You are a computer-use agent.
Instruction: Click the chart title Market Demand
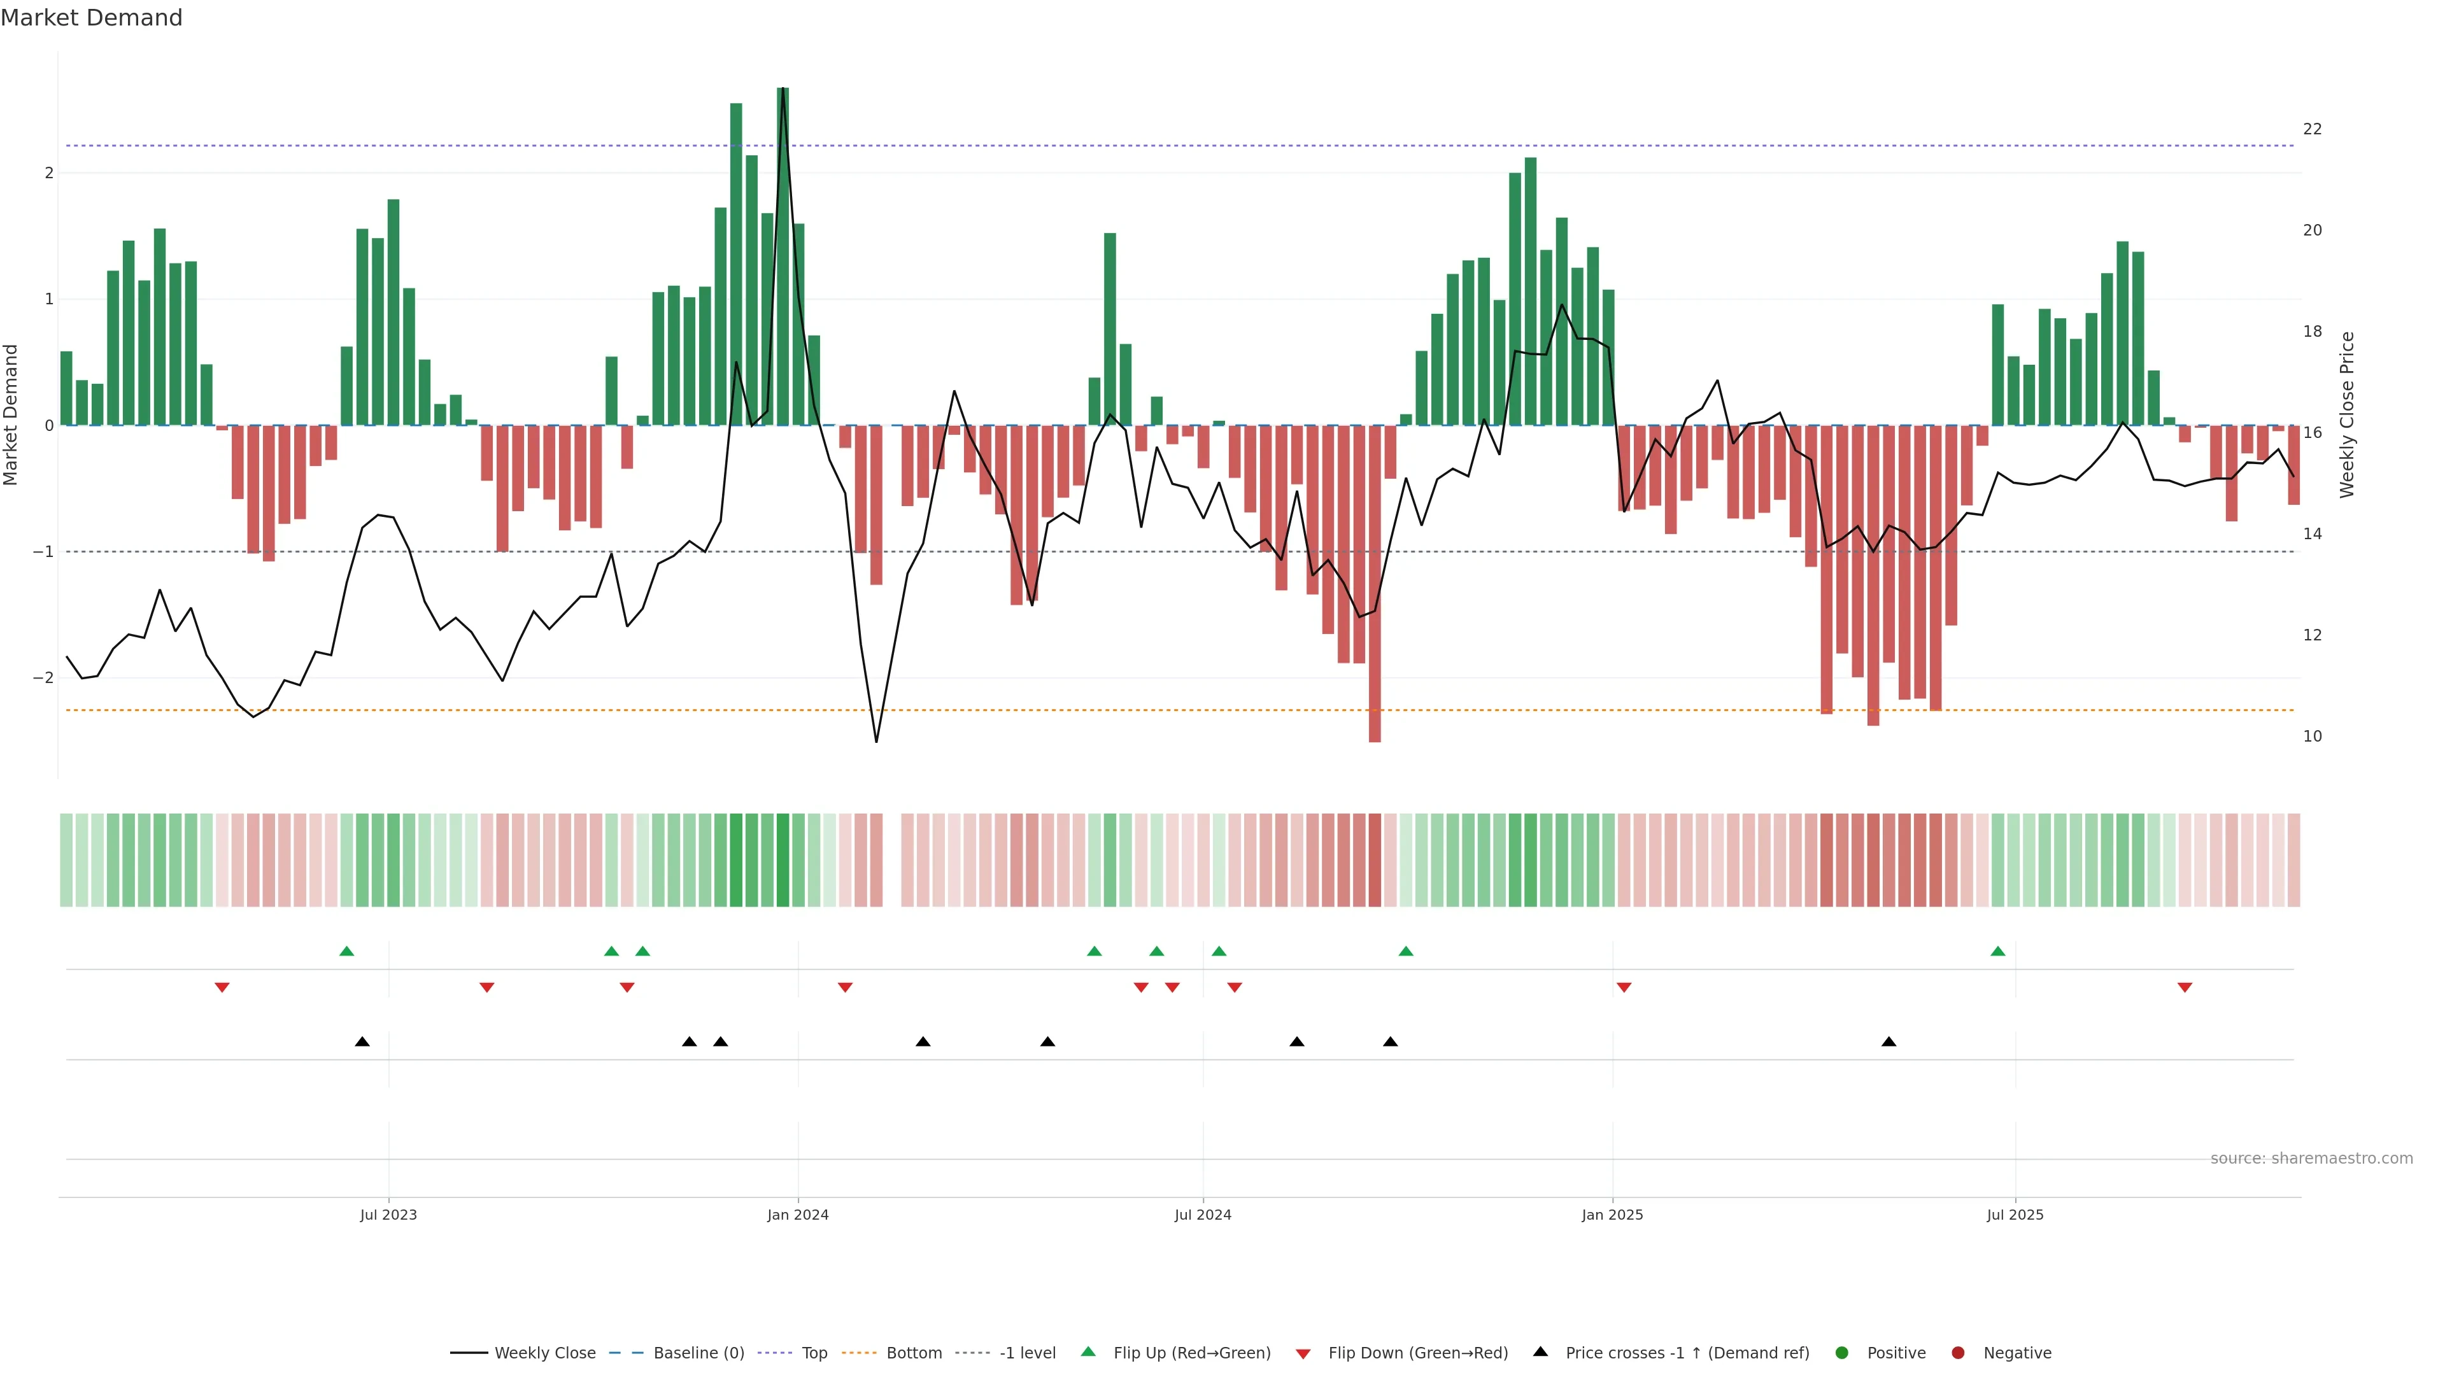tap(91, 18)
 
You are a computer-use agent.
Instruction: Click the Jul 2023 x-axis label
tap(388, 1215)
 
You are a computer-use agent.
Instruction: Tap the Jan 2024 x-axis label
tap(797, 1215)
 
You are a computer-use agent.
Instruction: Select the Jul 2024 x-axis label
tap(1203, 1215)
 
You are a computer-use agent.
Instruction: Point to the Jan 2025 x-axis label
tap(1612, 1215)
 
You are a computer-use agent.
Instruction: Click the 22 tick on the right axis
tap(2312, 129)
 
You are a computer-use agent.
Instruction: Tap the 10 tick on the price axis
tap(2312, 737)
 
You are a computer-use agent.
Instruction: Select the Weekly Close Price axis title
tap(2347, 414)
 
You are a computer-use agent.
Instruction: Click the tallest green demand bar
tap(783, 256)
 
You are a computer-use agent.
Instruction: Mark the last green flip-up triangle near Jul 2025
tap(1998, 952)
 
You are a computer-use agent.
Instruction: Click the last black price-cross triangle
tap(1889, 1042)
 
